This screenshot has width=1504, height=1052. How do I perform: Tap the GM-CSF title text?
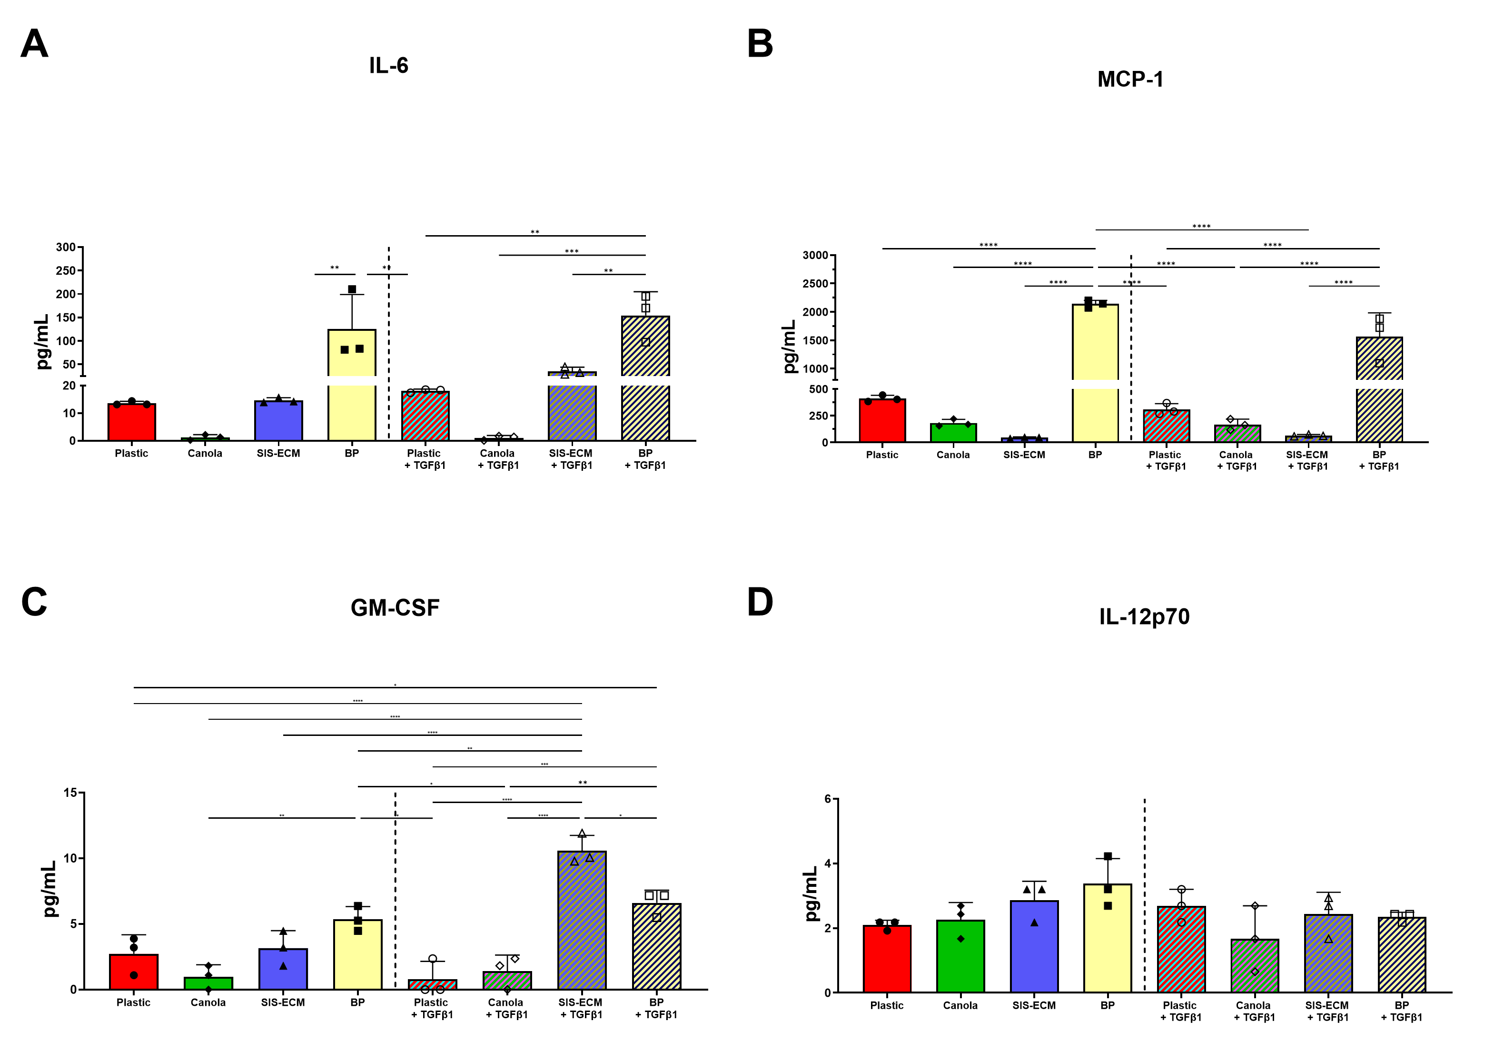click(x=395, y=607)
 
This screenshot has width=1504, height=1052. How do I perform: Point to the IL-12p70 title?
click(x=1144, y=616)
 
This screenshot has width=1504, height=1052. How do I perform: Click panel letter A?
click(x=35, y=44)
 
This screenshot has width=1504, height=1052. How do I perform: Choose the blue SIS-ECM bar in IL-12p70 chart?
click(x=1034, y=946)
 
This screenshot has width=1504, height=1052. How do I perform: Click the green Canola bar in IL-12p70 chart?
click(x=960, y=956)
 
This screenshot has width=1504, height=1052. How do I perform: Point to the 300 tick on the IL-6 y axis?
click(x=66, y=247)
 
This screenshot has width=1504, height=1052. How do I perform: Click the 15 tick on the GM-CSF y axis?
click(x=70, y=793)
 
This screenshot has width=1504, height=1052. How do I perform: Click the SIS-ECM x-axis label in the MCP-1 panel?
click(x=1024, y=455)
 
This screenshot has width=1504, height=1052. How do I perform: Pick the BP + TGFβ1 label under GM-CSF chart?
click(x=656, y=1008)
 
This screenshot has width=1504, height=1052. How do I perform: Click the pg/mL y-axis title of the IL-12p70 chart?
click(x=811, y=893)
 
